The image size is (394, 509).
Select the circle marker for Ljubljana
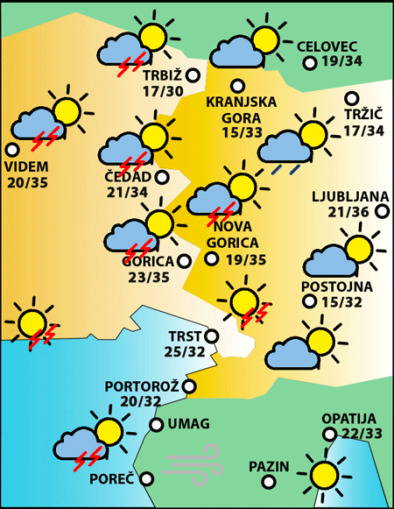click(382, 211)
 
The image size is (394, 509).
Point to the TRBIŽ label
click(161, 74)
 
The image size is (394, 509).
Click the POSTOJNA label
click(336, 286)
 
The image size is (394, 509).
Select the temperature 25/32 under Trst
click(186, 351)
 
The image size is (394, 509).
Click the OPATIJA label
click(348, 419)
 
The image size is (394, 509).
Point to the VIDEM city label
click(26, 166)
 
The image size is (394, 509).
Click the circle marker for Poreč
click(146, 478)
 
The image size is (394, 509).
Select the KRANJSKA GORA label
click(241, 109)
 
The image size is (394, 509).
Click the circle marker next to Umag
click(156, 425)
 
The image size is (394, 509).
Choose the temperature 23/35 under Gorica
click(147, 278)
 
